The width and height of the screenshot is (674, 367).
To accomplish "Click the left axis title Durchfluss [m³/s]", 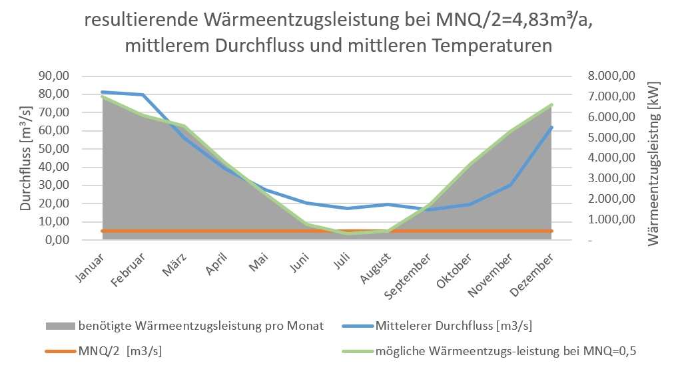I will [25, 158].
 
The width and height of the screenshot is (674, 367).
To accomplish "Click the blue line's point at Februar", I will [143, 95].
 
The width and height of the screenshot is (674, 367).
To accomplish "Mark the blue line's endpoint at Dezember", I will [551, 127].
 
